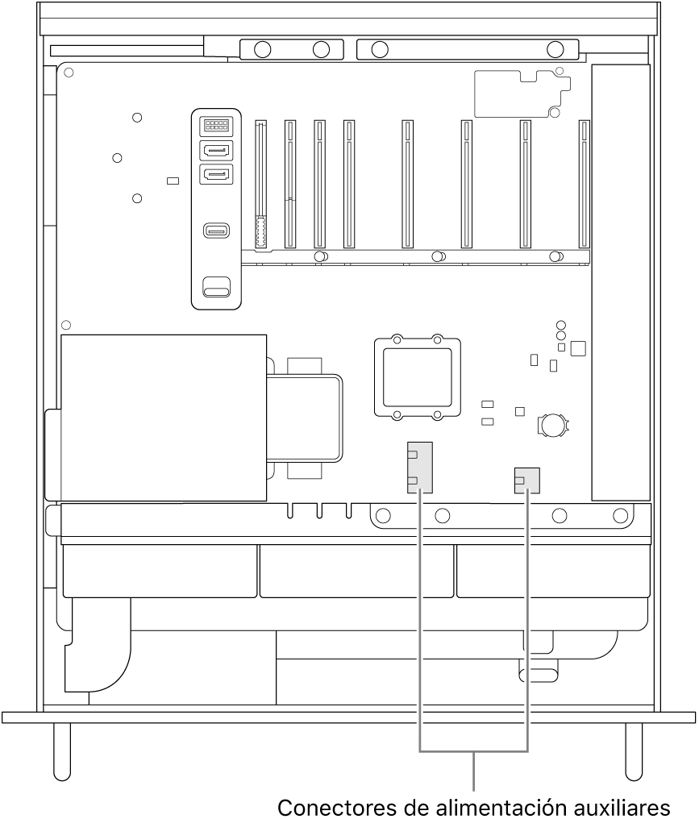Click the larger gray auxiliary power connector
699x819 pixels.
point(420,467)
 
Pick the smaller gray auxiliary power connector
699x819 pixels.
point(526,480)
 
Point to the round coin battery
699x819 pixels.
point(554,424)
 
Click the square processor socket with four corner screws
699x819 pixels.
point(417,377)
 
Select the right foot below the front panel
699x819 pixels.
point(635,748)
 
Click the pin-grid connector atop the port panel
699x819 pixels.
point(216,125)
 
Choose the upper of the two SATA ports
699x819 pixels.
point(216,150)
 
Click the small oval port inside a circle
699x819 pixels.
point(216,231)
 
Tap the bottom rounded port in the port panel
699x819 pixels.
point(216,286)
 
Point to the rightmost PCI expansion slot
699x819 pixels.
point(584,184)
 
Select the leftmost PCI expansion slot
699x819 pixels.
point(260,184)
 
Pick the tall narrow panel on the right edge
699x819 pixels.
point(620,282)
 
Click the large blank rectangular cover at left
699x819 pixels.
point(164,418)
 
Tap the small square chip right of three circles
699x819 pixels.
point(577,348)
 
